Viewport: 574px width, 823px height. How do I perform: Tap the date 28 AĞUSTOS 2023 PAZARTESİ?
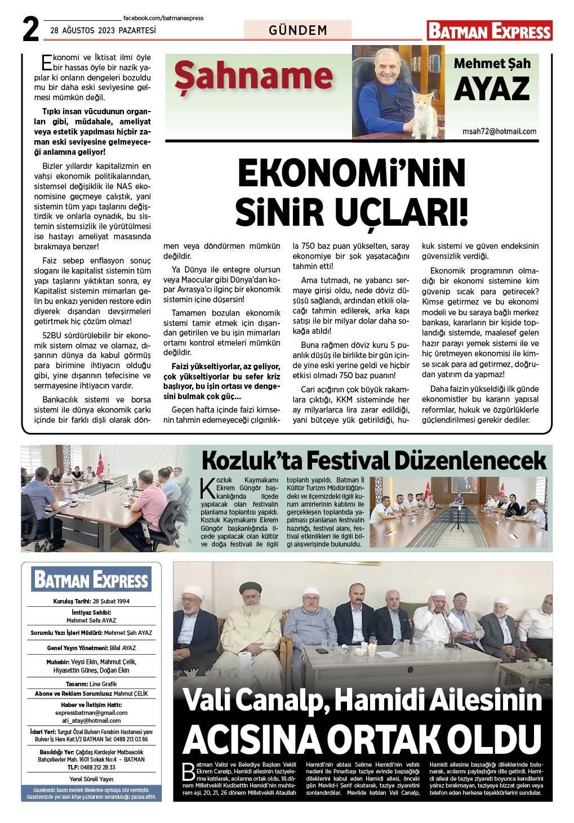(103, 30)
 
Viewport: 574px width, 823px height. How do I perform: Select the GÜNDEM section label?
(298, 30)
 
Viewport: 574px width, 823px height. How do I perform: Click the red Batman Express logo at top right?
(490, 30)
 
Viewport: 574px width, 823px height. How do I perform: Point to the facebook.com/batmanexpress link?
(163, 18)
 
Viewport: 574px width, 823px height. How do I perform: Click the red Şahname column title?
(253, 77)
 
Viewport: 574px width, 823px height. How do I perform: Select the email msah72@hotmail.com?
(499, 131)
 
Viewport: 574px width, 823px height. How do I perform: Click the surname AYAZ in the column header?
(492, 89)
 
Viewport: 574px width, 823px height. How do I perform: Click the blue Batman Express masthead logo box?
(91, 579)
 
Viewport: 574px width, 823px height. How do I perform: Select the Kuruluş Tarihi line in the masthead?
(91, 601)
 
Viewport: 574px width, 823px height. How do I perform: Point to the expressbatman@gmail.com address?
(91, 713)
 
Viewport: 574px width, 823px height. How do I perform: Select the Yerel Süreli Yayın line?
(91, 779)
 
